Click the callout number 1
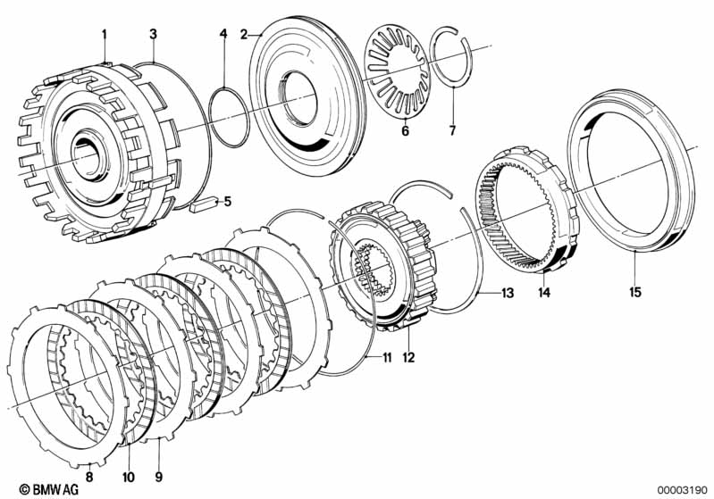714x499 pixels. [105, 34]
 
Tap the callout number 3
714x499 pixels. [153, 34]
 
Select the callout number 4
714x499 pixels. [223, 34]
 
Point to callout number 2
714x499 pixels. [244, 34]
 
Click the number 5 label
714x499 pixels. [227, 201]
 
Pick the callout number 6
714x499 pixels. [406, 131]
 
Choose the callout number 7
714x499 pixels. [452, 131]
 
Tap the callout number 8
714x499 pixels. [89, 477]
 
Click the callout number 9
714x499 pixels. [158, 477]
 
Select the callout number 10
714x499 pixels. [129, 477]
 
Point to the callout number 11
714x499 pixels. [387, 358]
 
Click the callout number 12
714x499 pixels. [409, 358]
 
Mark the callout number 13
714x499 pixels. [508, 293]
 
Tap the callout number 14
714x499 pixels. [544, 293]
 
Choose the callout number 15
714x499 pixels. [634, 292]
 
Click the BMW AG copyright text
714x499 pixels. [49, 489]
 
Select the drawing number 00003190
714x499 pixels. [682, 490]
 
